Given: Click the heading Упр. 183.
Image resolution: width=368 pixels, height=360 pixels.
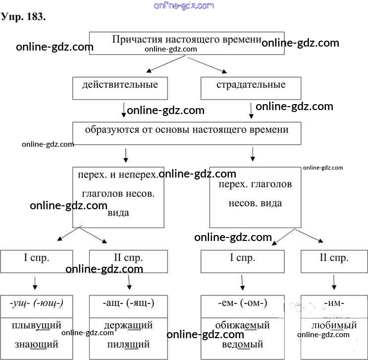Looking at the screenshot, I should coord(24,17).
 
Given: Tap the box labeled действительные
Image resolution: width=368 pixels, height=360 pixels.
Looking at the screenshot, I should coord(120,88).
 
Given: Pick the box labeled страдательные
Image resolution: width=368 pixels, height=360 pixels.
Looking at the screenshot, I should coord(251,88).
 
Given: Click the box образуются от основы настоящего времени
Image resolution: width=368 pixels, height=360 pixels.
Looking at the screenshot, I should coord(186,133).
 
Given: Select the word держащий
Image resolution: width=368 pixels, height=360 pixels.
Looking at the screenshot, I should coord(128,326).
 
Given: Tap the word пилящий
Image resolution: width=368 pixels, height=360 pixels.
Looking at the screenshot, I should coord(128,344).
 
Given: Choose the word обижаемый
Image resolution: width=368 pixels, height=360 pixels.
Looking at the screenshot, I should coord(243,326).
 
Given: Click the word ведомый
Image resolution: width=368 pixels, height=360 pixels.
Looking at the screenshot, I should coord(243,344).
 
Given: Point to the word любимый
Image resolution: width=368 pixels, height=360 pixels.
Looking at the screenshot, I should coord(334,326).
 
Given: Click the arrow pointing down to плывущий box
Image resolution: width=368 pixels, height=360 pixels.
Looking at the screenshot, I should coord(35,283).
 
